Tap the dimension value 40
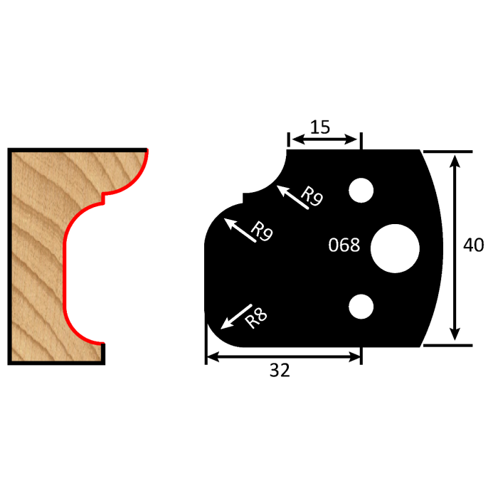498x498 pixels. pyautogui.click(x=473, y=245)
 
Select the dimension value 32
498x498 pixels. pyautogui.click(x=280, y=370)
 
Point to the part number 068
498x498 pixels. pyautogui.click(x=344, y=245)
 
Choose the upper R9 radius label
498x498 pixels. pyautogui.click(x=312, y=197)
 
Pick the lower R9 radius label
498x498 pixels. pyautogui.click(x=262, y=233)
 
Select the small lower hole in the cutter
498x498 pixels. pyautogui.click(x=361, y=305)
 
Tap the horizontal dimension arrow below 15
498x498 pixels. pyautogui.click(x=324, y=141)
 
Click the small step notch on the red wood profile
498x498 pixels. pyautogui.click(x=104, y=194)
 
